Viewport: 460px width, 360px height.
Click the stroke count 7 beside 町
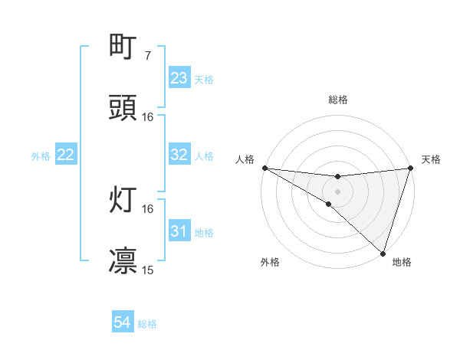[148, 56]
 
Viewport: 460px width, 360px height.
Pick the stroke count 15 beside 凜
[148, 270]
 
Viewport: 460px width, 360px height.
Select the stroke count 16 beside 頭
[148, 117]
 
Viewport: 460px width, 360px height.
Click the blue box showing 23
[179, 78]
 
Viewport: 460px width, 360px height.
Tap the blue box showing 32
[179, 155]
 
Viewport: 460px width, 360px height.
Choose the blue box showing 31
[179, 231]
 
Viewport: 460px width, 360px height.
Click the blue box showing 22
[66, 155]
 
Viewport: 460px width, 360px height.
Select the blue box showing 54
[123, 323]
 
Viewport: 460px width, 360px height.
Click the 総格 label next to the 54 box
[147, 324]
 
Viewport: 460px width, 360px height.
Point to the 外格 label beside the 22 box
[41, 156]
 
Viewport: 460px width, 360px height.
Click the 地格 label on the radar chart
[402, 262]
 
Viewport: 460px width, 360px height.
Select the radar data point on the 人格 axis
[264, 168]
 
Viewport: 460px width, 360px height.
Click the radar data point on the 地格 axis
[383, 254]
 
